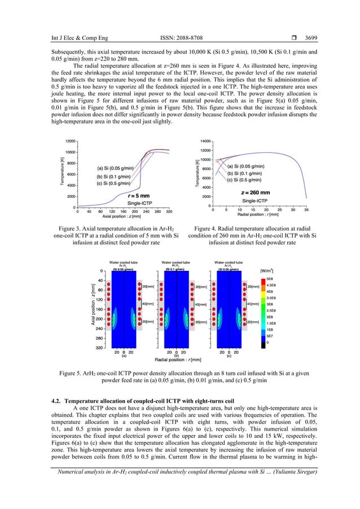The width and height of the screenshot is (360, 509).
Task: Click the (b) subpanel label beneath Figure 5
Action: pos(176,356)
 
